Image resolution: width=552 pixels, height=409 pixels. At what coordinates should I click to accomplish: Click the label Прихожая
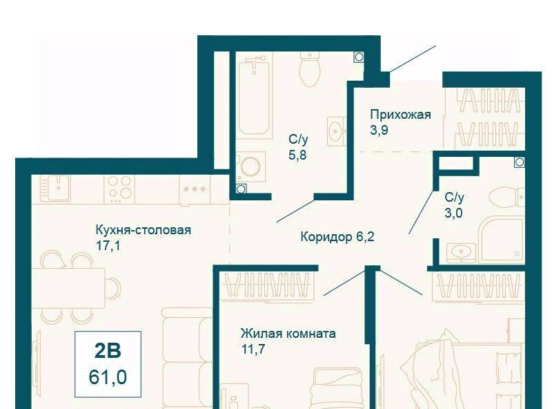400,115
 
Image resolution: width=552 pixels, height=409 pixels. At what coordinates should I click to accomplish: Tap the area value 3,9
379,130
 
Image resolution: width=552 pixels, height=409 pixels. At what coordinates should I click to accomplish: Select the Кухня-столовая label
144,230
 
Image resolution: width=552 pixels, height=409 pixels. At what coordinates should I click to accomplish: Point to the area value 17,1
108,245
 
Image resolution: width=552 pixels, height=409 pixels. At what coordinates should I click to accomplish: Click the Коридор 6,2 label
337,237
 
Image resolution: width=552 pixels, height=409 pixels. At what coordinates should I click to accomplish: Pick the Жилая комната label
288,333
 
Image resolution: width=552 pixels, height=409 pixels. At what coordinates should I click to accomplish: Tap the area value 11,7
253,349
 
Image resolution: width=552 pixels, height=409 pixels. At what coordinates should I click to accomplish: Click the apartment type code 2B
108,350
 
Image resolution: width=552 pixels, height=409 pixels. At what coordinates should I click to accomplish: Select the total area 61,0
108,377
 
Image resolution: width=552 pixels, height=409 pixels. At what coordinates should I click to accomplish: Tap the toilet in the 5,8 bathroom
310,69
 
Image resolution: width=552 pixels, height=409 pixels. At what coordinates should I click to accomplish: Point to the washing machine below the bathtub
250,167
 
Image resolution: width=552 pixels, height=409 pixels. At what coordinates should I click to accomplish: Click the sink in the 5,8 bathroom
337,131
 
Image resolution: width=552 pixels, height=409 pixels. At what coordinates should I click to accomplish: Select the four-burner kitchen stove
119,188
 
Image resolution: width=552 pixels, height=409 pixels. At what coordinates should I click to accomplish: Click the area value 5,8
297,155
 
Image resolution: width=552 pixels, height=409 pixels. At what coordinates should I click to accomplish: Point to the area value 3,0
453,213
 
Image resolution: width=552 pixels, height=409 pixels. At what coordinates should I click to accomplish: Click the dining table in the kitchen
68,287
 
